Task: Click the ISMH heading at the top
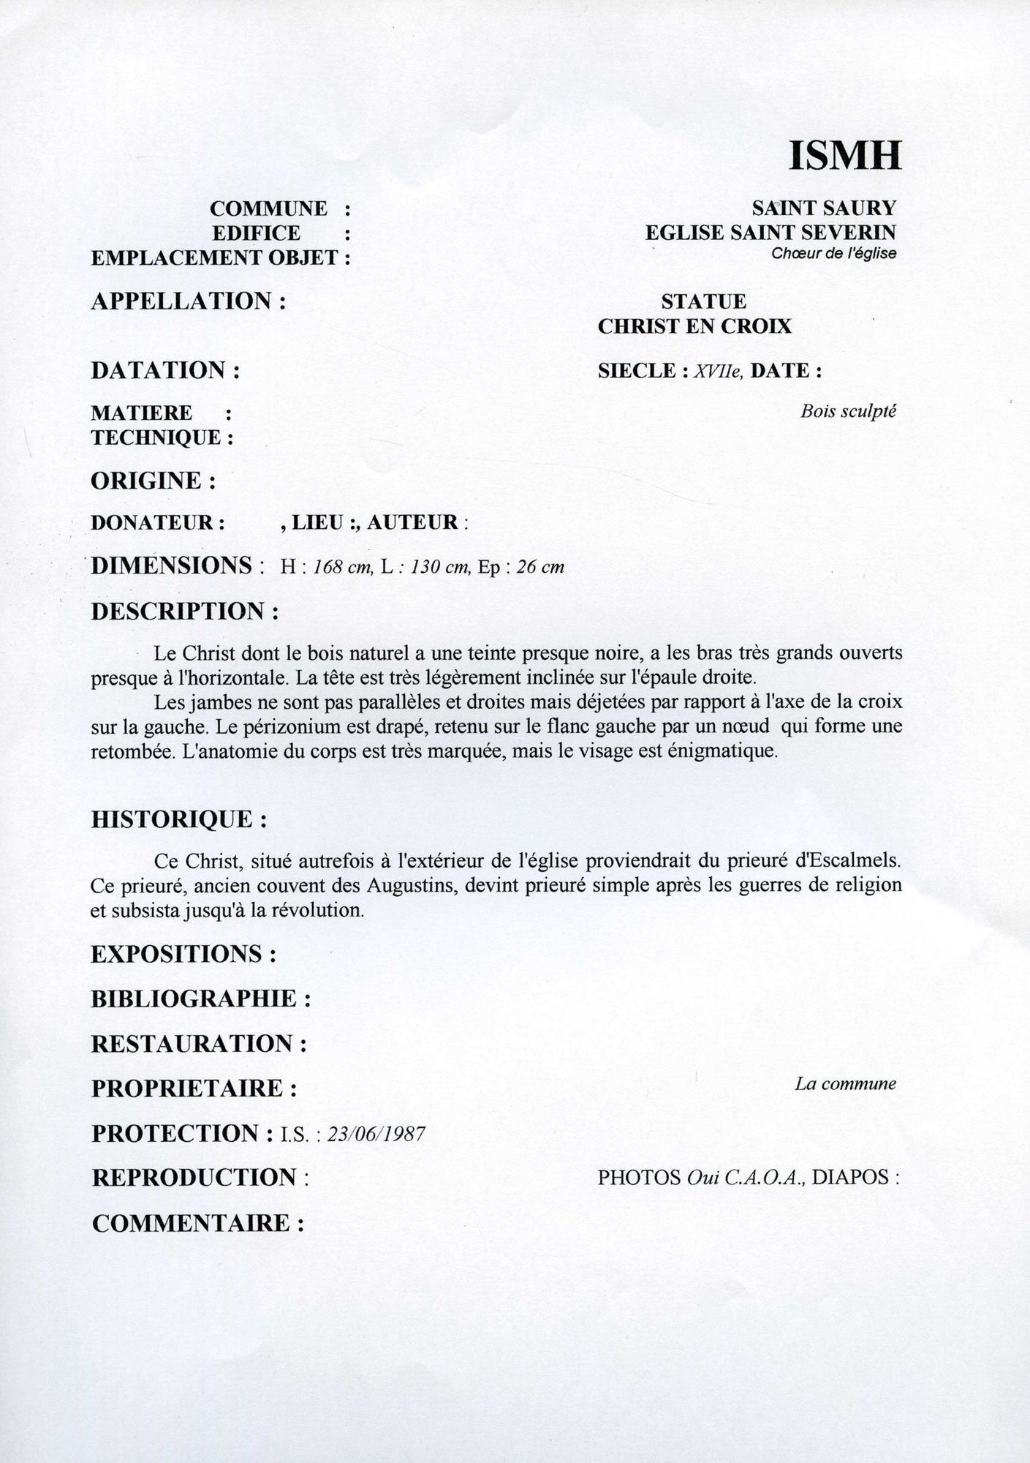pyautogui.click(x=844, y=155)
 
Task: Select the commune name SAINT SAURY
pyautogui.click(x=824, y=208)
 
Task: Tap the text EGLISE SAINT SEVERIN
pyautogui.click(x=770, y=233)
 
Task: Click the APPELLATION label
pyautogui.click(x=188, y=301)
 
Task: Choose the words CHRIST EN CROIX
pyautogui.click(x=694, y=326)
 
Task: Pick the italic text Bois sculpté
pyautogui.click(x=848, y=411)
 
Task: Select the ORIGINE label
pyautogui.click(x=153, y=481)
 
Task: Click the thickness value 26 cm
pyautogui.click(x=540, y=568)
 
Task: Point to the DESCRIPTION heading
pyautogui.click(x=184, y=612)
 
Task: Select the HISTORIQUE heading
pyautogui.click(x=178, y=819)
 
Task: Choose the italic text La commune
pyautogui.click(x=845, y=1083)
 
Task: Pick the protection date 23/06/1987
pyautogui.click(x=376, y=1134)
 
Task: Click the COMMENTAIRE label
pyautogui.click(x=197, y=1223)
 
